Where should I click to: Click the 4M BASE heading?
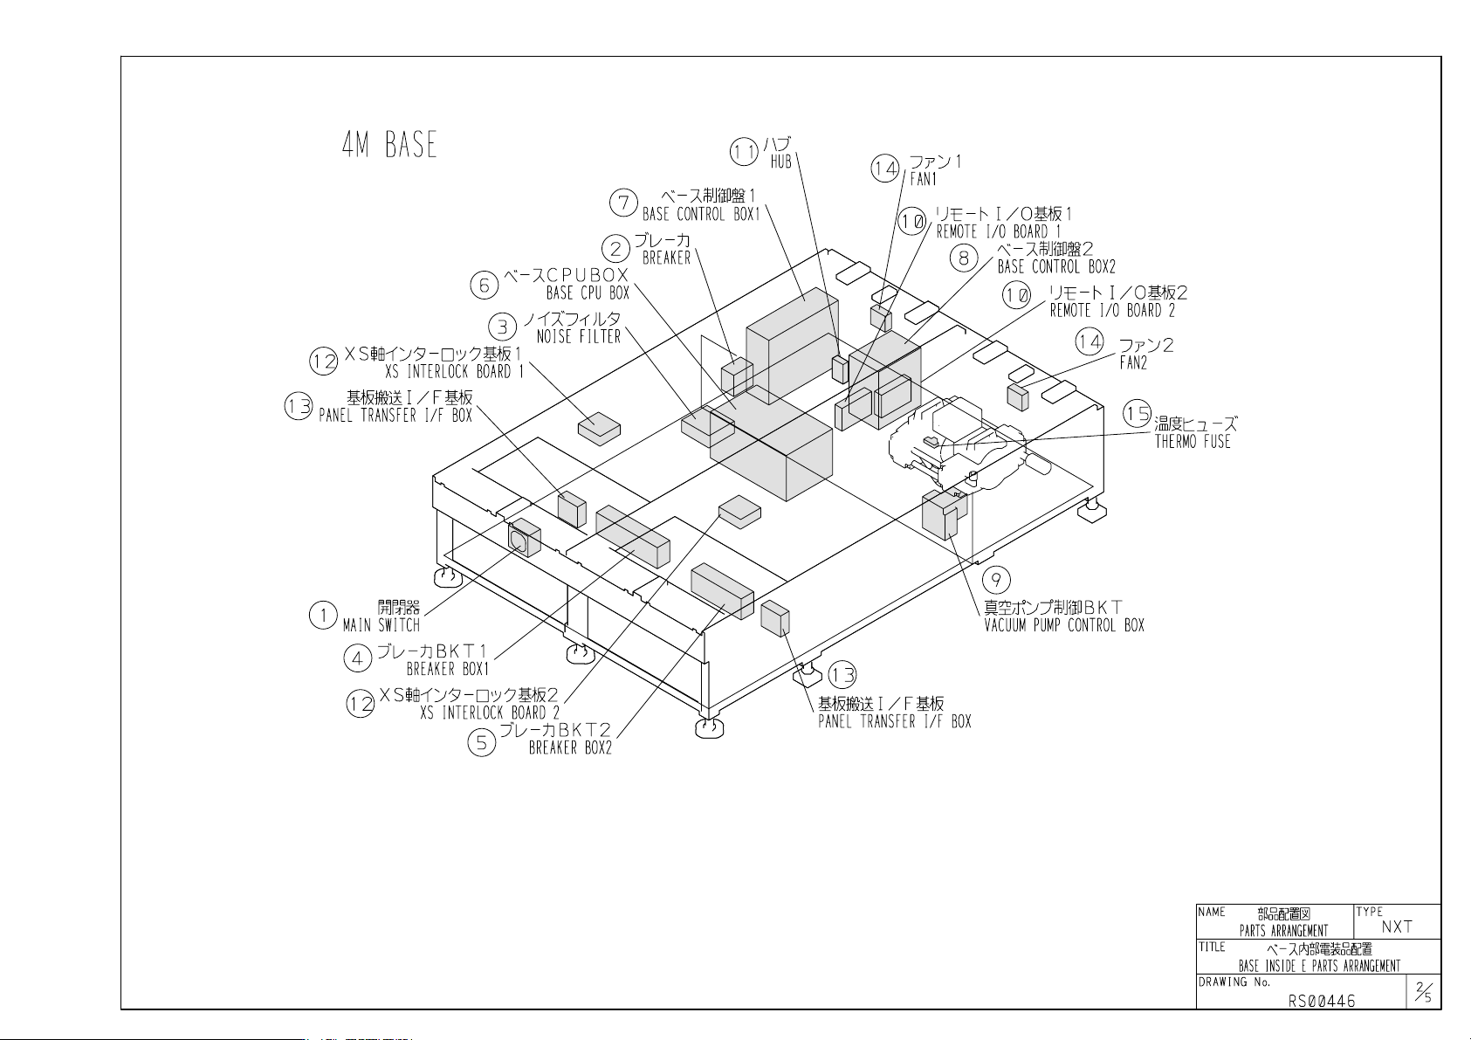point(389,145)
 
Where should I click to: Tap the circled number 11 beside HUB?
point(744,153)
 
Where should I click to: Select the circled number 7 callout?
point(623,203)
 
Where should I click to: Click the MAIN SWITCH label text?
point(381,625)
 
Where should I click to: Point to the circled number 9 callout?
point(996,580)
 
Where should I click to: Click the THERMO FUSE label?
point(1193,442)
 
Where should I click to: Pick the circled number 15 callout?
point(1137,413)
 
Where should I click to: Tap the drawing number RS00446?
point(1321,1001)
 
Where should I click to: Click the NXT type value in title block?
point(1397,926)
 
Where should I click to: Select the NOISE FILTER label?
point(579,336)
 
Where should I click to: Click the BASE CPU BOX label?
point(588,293)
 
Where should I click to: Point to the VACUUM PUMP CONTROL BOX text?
point(1064,625)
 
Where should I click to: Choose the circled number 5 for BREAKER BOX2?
point(481,742)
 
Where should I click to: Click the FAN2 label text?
point(1133,362)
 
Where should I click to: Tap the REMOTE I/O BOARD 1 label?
point(998,232)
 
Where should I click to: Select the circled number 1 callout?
point(323,616)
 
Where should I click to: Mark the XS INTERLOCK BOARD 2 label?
point(490,713)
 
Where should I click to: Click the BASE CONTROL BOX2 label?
point(1056,266)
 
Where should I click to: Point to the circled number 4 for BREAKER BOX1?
point(358,658)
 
